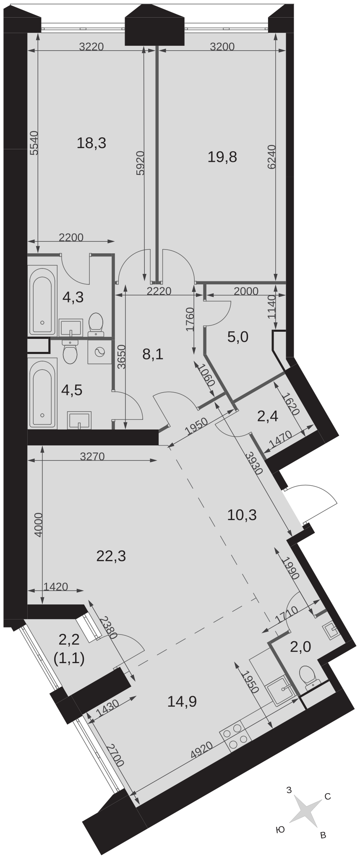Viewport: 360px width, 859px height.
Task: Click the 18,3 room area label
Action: [91, 143]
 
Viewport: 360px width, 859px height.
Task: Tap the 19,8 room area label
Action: [222, 157]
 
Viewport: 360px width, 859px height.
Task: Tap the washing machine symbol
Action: [99, 351]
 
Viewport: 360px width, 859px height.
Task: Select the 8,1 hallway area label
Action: [153, 355]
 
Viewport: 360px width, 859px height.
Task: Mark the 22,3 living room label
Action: [111, 556]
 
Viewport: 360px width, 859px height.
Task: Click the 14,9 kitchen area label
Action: [182, 701]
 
